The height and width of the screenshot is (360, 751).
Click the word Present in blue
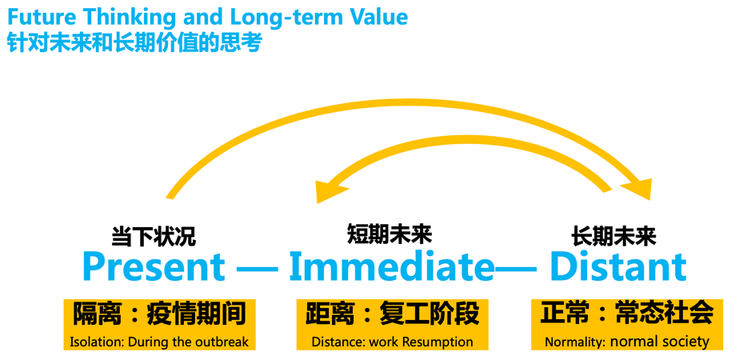[x=154, y=267]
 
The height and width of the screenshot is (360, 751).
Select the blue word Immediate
[x=391, y=267]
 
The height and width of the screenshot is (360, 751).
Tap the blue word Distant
[x=617, y=267]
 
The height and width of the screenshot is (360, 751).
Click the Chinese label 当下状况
[x=153, y=236]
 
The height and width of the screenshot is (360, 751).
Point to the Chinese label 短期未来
[x=389, y=234]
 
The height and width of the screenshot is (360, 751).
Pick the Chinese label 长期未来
[x=613, y=236]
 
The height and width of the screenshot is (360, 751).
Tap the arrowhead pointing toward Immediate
[x=330, y=190]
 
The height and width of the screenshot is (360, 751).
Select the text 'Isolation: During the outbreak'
[x=159, y=342]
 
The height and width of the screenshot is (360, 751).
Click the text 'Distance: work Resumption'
[x=392, y=342]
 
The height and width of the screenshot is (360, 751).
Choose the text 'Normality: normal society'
[x=627, y=342]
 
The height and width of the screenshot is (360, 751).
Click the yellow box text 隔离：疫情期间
[x=159, y=314]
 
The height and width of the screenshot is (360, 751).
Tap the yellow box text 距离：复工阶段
[x=392, y=314]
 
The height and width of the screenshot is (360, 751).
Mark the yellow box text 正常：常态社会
[x=627, y=312]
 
